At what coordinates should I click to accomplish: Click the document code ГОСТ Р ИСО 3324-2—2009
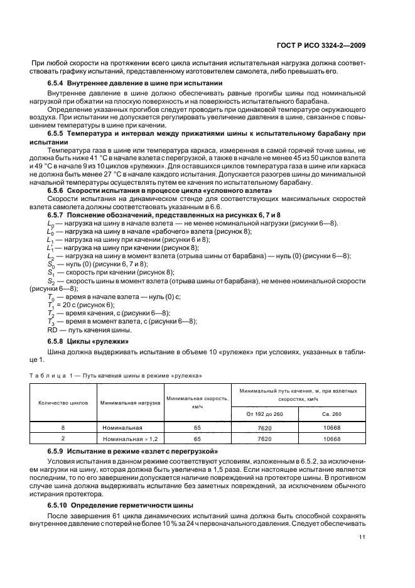[322, 45]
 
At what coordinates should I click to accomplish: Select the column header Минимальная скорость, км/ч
[197, 403]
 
